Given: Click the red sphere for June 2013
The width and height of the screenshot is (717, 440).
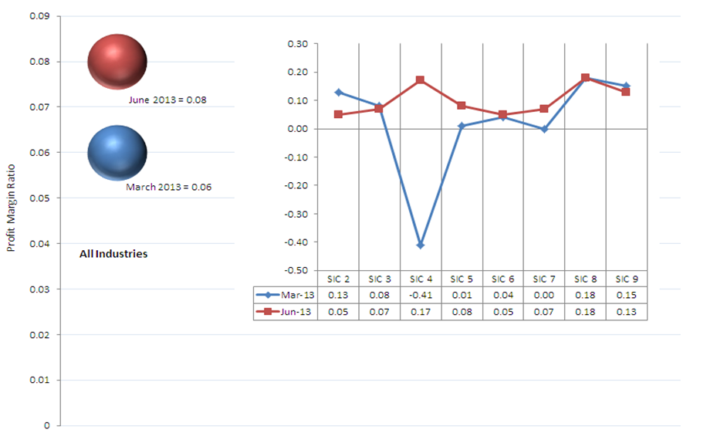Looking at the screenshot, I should [x=117, y=61].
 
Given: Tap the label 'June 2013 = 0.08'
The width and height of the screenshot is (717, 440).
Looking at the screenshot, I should [x=167, y=100].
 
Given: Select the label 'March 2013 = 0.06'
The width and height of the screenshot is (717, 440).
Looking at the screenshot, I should [x=168, y=187].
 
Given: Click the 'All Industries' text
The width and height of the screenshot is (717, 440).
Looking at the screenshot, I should [x=113, y=254].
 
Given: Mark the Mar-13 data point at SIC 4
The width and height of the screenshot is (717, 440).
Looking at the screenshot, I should [x=421, y=245].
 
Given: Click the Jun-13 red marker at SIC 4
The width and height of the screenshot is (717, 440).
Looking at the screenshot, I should [x=421, y=80].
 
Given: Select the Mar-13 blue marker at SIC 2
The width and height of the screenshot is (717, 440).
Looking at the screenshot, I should [x=338, y=92].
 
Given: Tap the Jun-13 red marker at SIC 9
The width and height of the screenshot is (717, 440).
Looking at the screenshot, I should [x=626, y=92].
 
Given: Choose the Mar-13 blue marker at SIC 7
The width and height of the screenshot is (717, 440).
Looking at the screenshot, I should [x=544, y=129].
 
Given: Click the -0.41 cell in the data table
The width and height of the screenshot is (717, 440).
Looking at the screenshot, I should [x=421, y=295].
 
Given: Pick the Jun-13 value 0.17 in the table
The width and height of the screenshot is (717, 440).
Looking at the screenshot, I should [x=421, y=311].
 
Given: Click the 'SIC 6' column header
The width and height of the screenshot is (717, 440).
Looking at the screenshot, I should [x=502, y=279].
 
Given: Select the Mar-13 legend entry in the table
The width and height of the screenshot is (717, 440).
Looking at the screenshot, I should [x=285, y=295].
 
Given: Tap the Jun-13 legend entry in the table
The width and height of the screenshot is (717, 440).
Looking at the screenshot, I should [x=285, y=311].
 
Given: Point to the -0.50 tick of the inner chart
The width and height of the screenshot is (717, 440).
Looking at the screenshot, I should [x=297, y=271].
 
